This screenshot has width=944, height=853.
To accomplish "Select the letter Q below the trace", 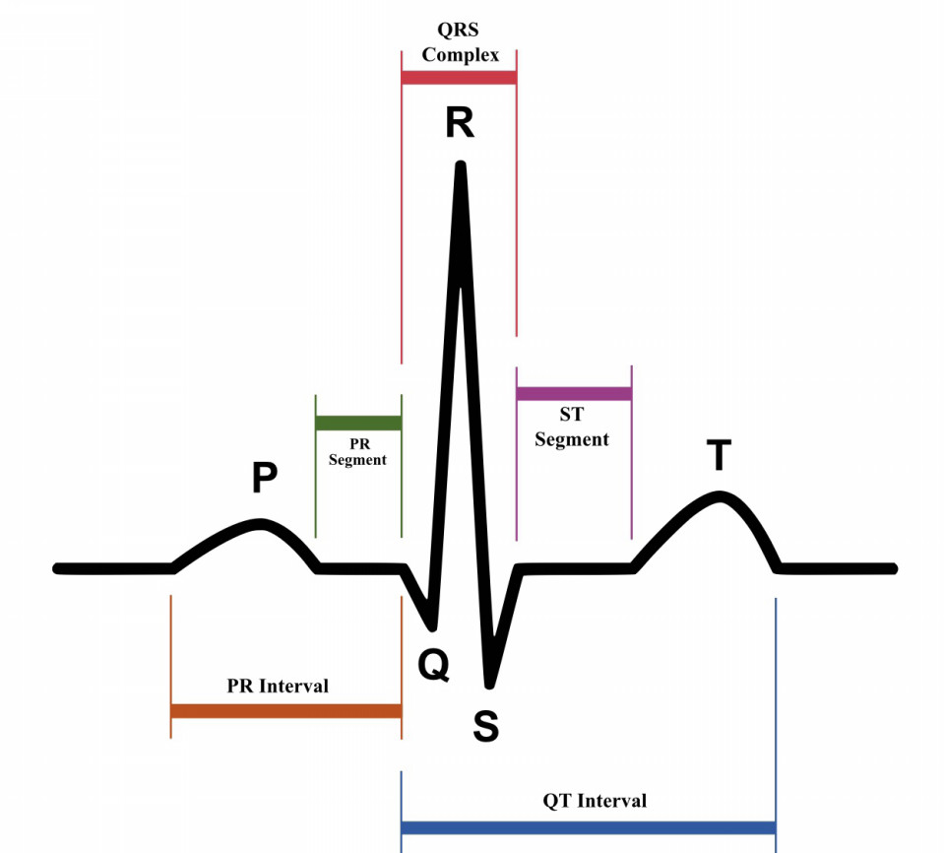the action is tap(433, 665).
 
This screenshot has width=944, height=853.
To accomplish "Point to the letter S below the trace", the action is tap(486, 726).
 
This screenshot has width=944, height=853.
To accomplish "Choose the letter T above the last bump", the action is tap(719, 455).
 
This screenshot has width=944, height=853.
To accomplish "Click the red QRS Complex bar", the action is tap(459, 78).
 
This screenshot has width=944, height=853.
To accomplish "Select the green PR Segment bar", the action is tap(358, 423).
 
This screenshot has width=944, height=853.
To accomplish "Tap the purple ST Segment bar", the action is tap(574, 394).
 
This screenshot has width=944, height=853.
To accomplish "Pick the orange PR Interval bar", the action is tap(286, 711).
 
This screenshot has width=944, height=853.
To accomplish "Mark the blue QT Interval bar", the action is tap(589, 827).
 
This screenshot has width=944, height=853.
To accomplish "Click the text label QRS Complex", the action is tap(460, 42).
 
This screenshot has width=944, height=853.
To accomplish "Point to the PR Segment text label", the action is tap(357, 452).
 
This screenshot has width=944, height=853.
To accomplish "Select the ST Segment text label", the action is tap(572, 427).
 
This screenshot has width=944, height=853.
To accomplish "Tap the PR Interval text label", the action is tap(278, 686).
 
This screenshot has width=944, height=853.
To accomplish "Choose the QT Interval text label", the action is tap(595, 801).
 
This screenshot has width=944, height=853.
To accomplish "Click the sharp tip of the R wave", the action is tap(461, 164).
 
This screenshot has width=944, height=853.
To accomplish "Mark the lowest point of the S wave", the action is tap(489, 685).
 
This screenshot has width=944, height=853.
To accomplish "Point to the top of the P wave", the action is tap(260, 523).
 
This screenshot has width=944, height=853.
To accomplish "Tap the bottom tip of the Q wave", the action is tap(432, 627).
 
